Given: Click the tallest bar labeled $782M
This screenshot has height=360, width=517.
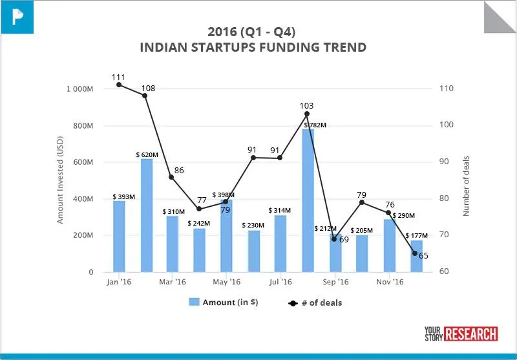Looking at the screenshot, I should pos(308,200).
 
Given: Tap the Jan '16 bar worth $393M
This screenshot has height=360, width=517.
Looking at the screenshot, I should pos(119,237).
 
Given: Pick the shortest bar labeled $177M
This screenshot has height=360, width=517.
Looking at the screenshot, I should pos(416,257).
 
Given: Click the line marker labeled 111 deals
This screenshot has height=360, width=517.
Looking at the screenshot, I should pos(119,85).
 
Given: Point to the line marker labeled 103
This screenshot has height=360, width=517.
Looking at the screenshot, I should pos(307,114).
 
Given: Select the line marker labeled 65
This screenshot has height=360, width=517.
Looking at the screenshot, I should pos(415,253).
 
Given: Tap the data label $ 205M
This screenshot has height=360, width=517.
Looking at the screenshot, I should pos(363,230).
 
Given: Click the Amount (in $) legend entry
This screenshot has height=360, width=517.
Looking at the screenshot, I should pos(223,302).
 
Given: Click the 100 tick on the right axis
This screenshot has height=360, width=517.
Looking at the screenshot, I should pos(446,125).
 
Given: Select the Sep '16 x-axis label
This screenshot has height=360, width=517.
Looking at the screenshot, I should pos(335,282).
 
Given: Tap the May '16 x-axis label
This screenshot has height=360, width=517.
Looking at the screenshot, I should pos(226,282).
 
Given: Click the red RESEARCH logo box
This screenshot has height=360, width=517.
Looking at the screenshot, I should pos(471,334).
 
